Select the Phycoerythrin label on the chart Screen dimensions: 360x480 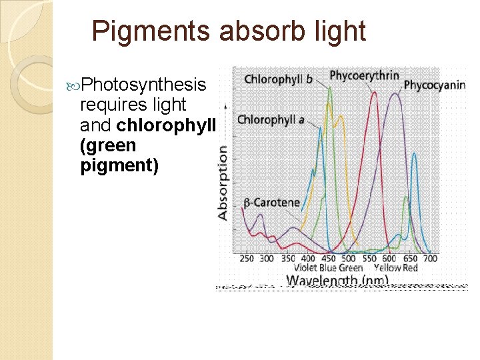[x=364, y=75]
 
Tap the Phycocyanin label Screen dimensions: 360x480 [x=434, y=85]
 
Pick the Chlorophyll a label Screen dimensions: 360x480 [x=271, y=120]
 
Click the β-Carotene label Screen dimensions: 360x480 [x=271, y=203]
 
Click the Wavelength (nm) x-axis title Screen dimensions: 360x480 [x=337, y=281]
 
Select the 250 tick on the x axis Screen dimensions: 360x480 [x=246, y=258]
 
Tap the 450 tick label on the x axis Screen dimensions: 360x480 [x=328, y=258]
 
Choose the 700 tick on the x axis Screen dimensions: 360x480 [x=431, y=258]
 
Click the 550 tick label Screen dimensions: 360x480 [x=369, y=258]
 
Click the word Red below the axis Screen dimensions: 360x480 [x=410, y=267]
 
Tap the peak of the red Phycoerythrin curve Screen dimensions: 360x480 [x=374, y=93]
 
